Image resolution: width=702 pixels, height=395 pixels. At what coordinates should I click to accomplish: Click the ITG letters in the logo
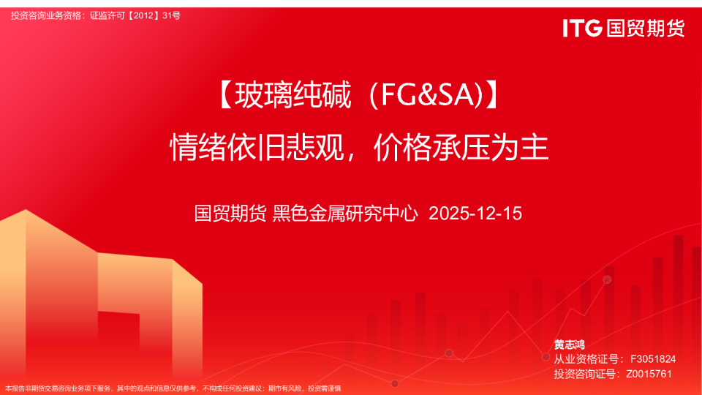point(582,29)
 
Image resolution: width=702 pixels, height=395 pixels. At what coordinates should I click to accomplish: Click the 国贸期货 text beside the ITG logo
point(644,29)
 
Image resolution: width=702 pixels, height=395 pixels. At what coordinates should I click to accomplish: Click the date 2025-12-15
point(475,214)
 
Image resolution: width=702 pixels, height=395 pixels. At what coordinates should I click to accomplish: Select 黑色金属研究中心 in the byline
point(345,214)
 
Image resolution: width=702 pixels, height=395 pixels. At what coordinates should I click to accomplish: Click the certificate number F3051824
point(652,359)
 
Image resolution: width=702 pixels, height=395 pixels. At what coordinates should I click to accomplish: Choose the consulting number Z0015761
point(649,374)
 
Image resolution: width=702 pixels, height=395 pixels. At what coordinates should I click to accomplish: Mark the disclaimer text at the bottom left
point(173,388)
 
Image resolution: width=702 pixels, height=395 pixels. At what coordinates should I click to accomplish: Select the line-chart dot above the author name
point(607,279)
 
